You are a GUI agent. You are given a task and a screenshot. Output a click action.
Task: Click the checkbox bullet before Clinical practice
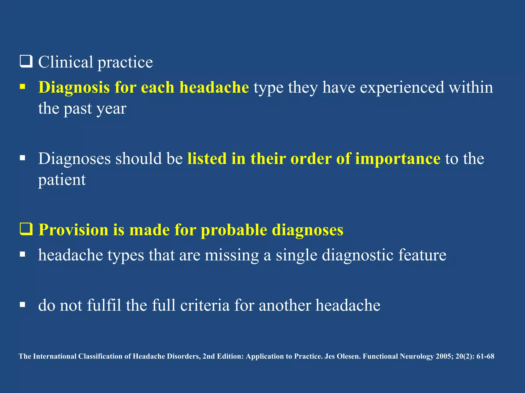[x=26, y=62]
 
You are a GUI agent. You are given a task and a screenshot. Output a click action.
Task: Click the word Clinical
[x=66, y=62]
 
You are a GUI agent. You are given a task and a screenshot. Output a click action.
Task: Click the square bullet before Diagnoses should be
[x=23, y=158]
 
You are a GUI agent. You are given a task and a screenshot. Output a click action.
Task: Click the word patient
[x=62, y=180]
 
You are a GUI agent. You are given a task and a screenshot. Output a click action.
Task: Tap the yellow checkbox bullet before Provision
[x=26, y=229]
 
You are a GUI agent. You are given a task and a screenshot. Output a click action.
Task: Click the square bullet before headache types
[x=23, y=254]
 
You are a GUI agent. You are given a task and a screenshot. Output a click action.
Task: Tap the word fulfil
[x=104, y=305]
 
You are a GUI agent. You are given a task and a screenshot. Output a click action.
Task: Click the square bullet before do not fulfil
[x=23, y=304]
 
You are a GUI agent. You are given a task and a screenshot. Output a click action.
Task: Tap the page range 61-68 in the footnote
[x=485, y=356]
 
